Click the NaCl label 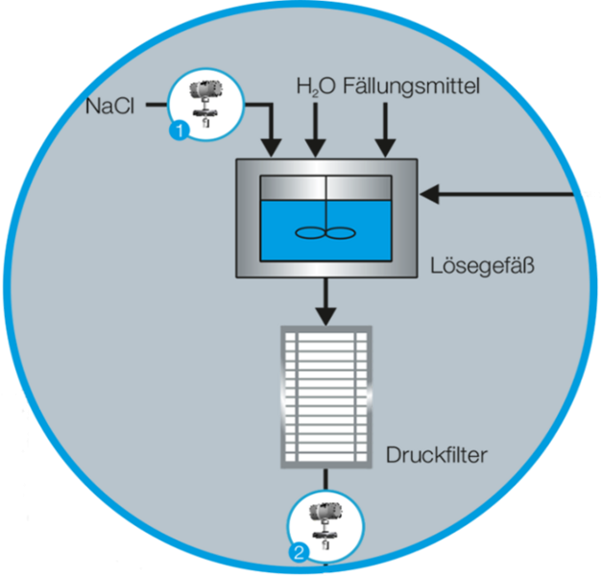point(108,106)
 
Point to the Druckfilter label point(436,453)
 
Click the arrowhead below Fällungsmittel point(386,148)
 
